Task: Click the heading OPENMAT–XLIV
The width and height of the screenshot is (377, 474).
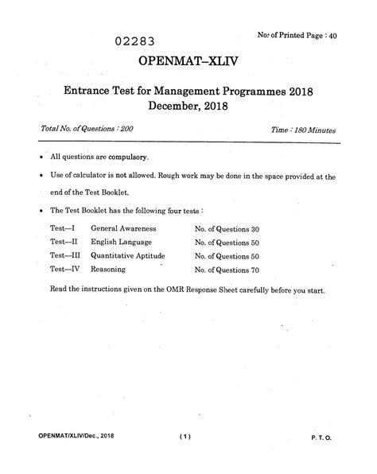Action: coord(187,62)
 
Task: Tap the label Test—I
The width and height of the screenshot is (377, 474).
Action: coord(64,228)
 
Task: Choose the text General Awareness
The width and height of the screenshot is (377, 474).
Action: coord(123,228)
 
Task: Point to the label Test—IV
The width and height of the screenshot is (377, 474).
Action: coord(66,270)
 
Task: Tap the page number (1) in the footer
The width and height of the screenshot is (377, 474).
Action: coord(187,437)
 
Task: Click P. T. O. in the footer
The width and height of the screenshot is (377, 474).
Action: coord(328,437)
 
